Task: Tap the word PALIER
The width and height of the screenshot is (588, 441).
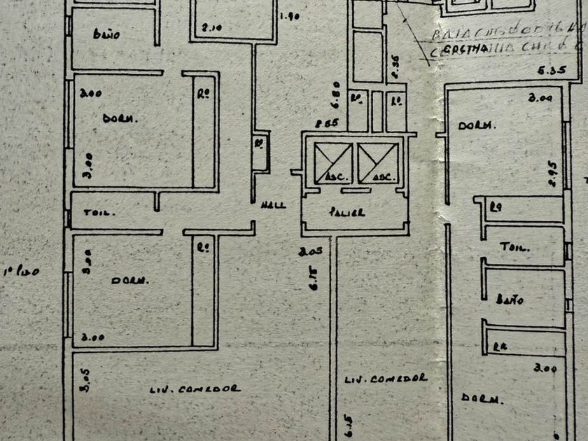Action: pyautogui.click(x=349, y=212)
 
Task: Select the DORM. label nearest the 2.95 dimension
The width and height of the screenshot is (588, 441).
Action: pyautogui.click(x=477, y=126)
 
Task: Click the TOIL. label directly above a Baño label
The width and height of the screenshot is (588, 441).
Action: pyautogui.click(x=514, y=247)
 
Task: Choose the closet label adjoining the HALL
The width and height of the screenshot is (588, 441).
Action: pyautogui.click(x=259, y=146)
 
